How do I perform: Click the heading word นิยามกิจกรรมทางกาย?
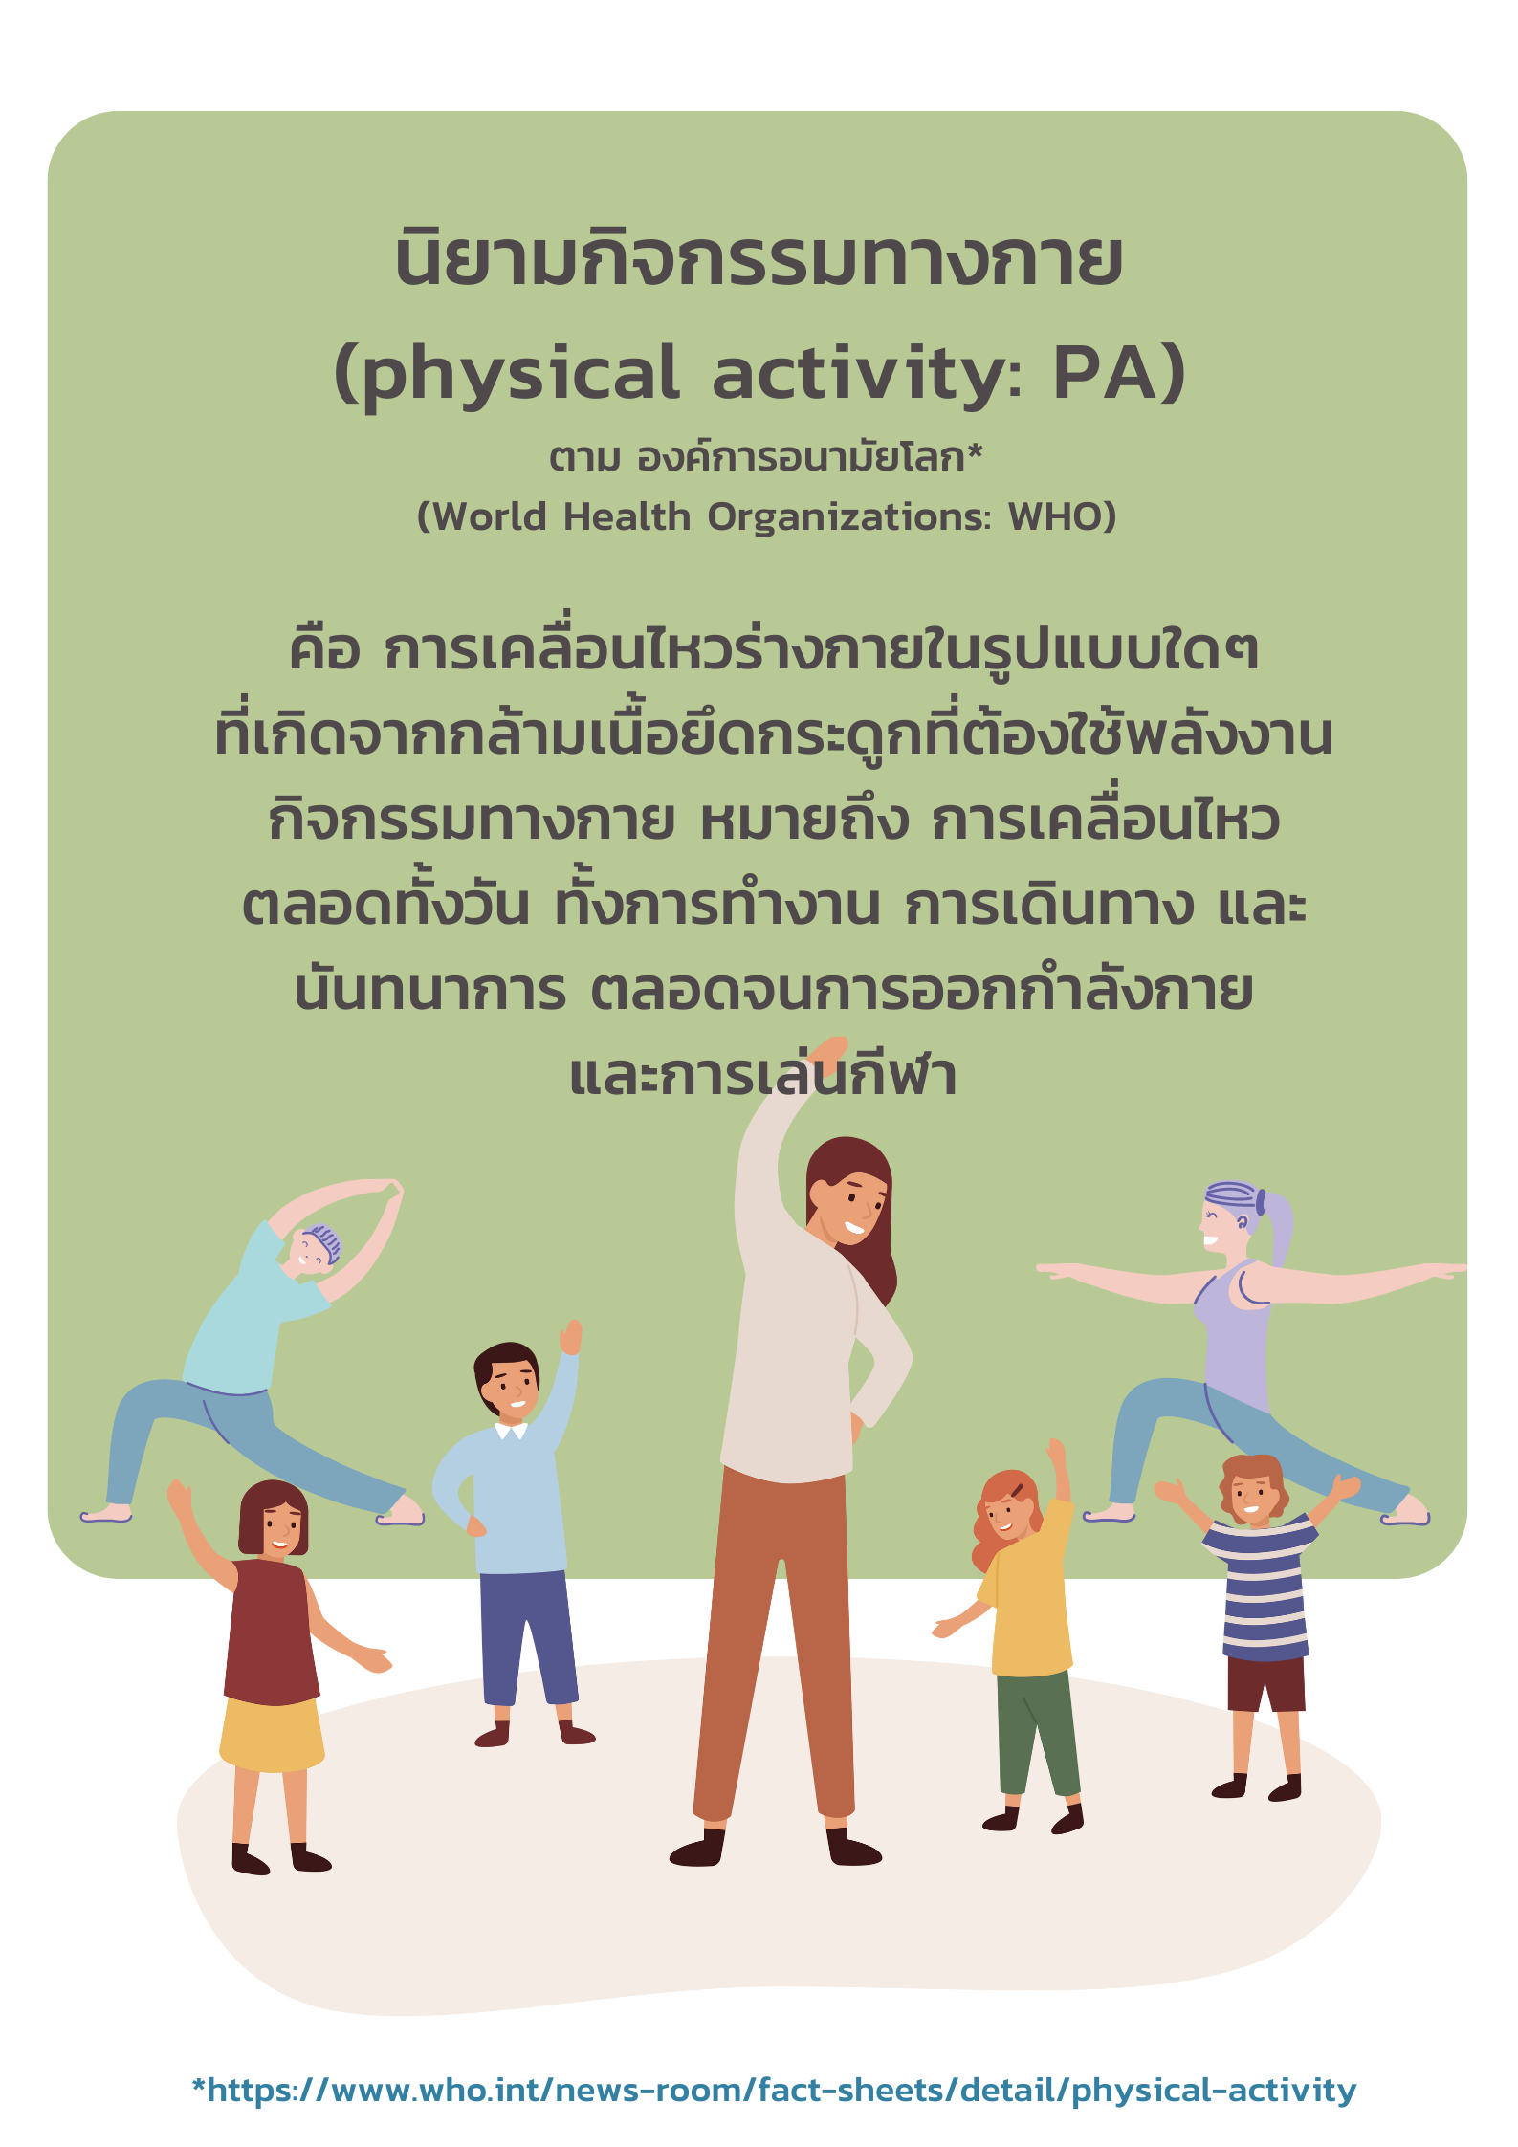coord(759,258)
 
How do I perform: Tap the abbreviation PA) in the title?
coord(1119,372)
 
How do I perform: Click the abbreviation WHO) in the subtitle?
coord(1063,516)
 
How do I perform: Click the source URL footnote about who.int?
coord(774,2090)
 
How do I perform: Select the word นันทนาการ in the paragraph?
coord(429,991)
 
